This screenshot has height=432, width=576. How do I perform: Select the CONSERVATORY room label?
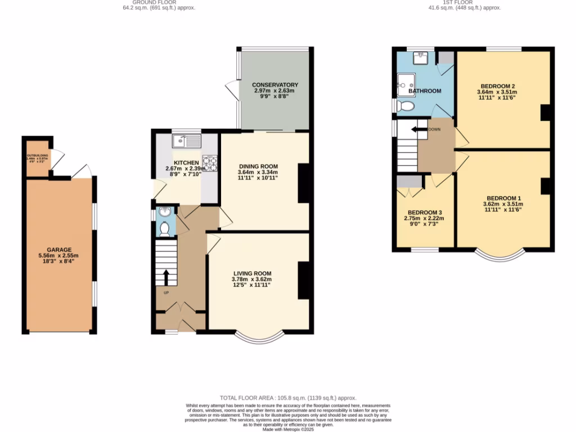coord(275,85)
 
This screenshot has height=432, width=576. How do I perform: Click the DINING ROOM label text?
coord(259,166)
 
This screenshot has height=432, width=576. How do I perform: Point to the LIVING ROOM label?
coord(251,273)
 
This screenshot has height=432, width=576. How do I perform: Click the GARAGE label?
coord(59,249)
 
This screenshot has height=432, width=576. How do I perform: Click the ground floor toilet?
coord(165,228)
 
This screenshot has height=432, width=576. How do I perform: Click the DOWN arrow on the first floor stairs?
coord(418,129)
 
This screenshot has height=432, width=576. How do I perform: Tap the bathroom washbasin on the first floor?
coord(420,56)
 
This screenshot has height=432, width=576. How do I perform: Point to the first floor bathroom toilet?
coord(406,106)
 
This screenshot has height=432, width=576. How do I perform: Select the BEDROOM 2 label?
coord(497,85)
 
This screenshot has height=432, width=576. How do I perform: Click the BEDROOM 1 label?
coord(503,198)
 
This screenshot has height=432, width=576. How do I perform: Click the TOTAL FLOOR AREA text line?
coord(287,398)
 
